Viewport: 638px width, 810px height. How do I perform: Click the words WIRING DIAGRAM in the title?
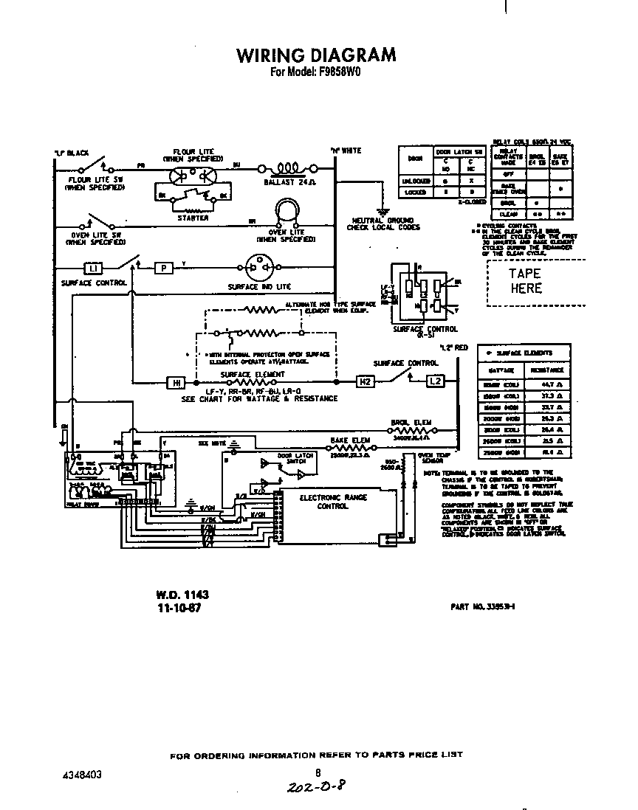(315, 55)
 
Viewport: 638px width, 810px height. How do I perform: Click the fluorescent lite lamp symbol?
(192, 175)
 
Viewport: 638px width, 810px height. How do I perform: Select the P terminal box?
(163, 268)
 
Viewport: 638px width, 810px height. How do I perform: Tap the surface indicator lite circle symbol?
(255, 268)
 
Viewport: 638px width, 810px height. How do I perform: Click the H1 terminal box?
(176, 382)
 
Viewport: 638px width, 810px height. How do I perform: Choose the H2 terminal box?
(366, 382)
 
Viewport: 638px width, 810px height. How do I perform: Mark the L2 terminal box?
(436, 382)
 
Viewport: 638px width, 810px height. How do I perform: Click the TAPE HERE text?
(525, 281)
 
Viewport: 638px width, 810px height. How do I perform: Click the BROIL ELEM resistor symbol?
(411, 429)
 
